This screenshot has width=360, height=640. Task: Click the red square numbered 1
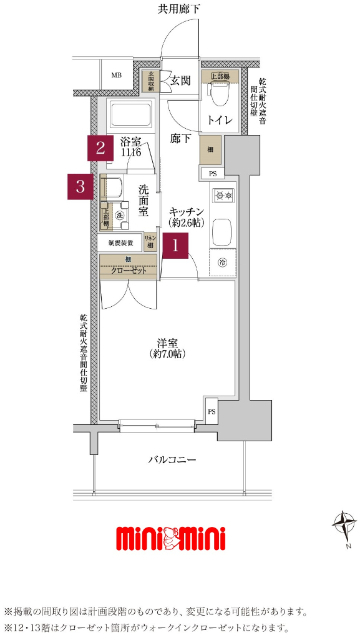[176, 243]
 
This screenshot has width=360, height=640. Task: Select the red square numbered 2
[100, 149]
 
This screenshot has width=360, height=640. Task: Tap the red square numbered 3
[83, 186]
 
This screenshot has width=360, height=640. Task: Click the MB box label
[116, 76]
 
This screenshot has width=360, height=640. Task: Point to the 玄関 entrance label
[181, 80]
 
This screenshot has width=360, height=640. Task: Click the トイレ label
[220, 121]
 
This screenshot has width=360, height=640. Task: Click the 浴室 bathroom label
[132, 143]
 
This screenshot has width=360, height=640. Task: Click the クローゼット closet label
[127, 271]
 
